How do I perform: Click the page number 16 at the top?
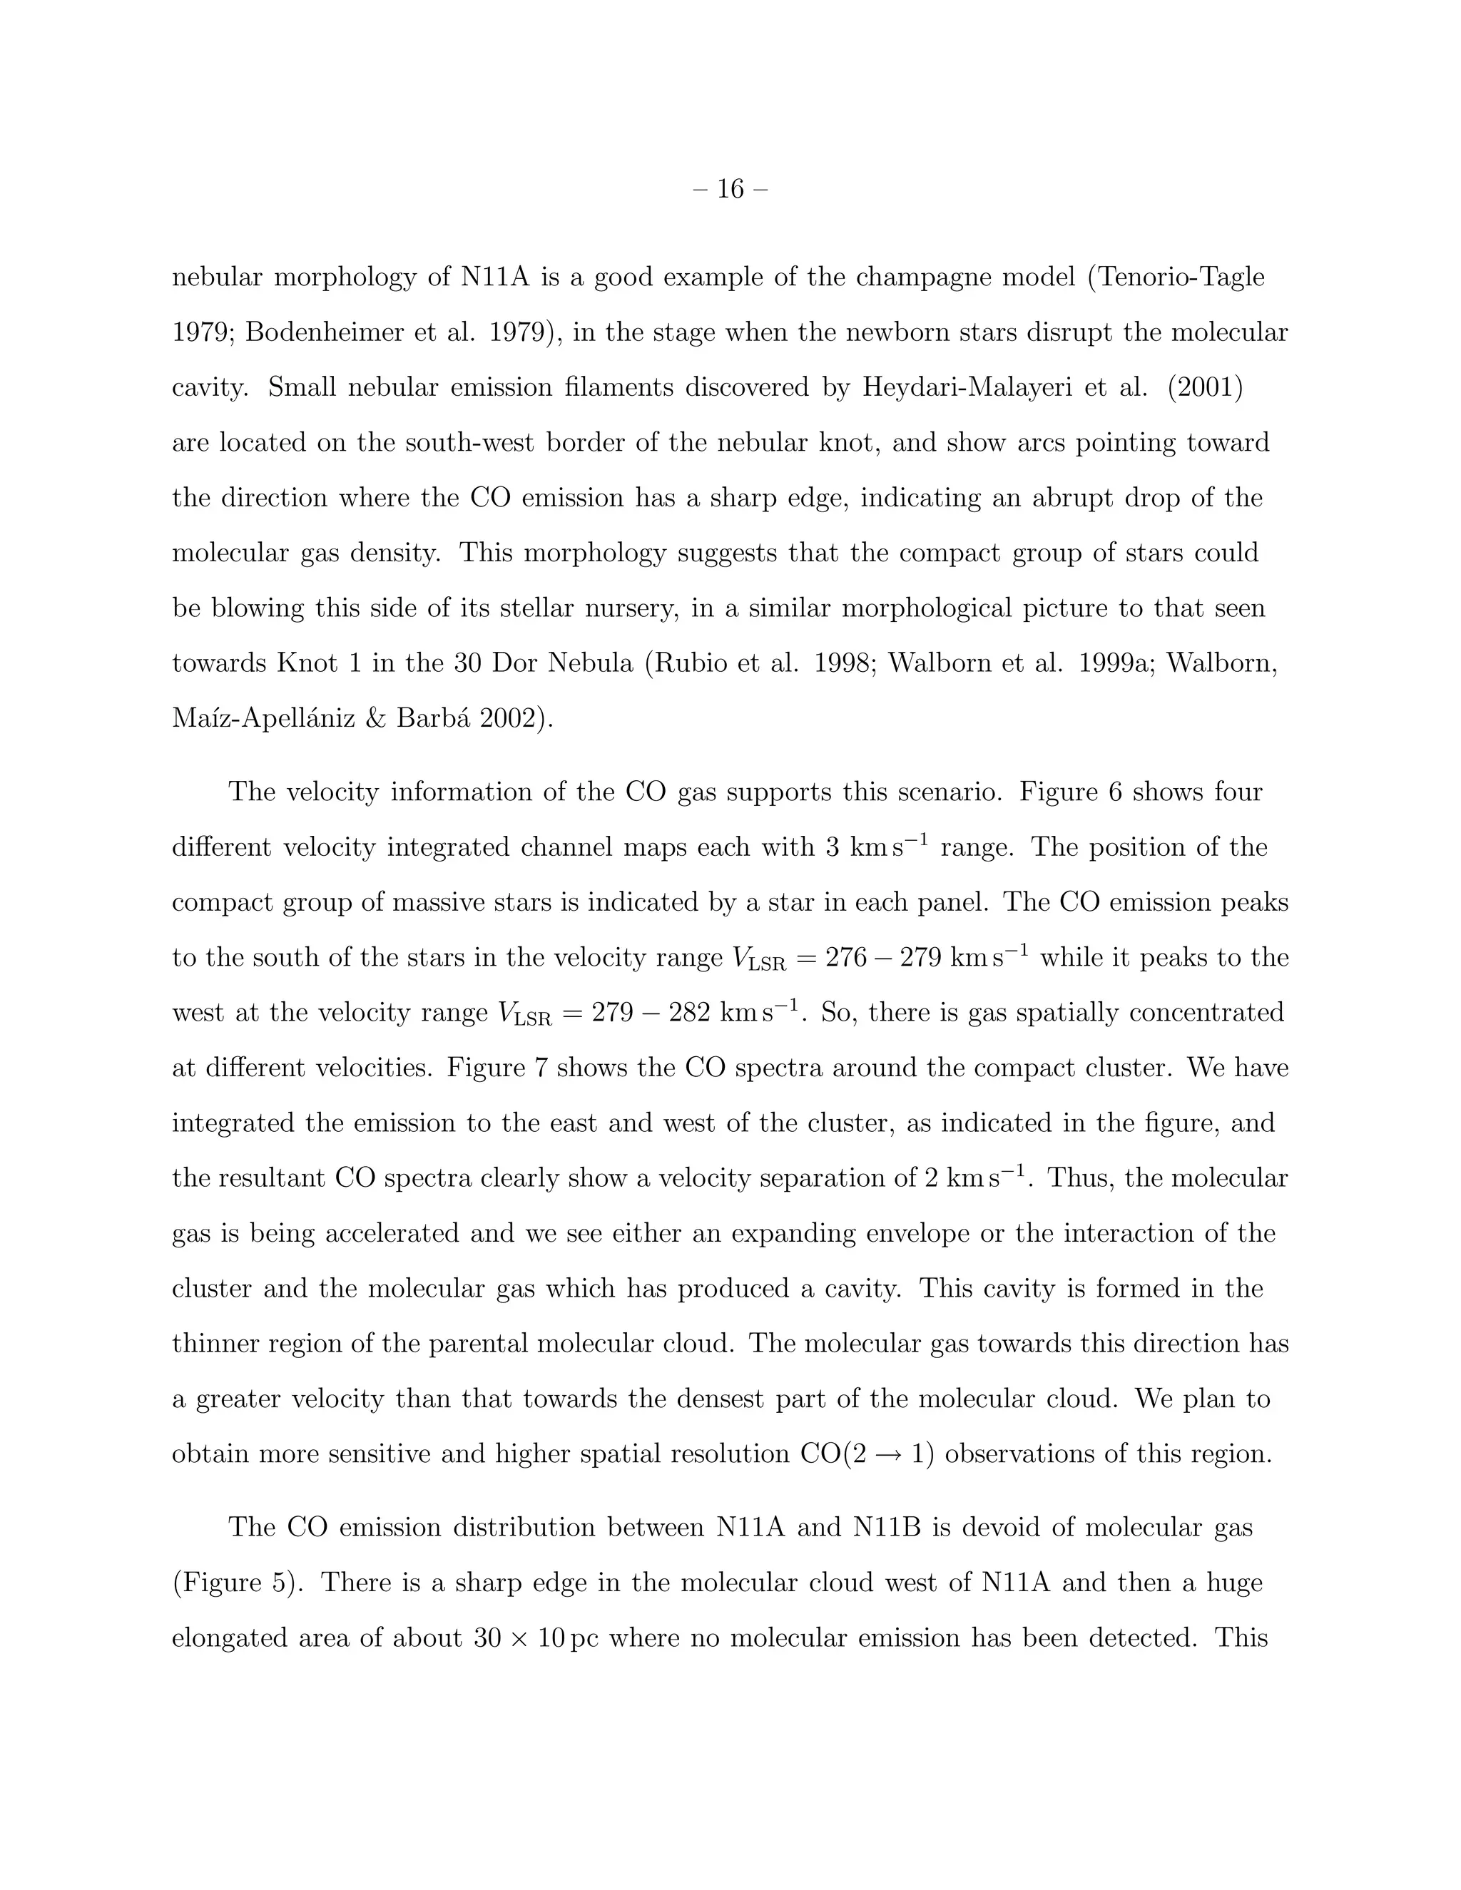click(730, 189)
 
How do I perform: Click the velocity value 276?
click(845, 958)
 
